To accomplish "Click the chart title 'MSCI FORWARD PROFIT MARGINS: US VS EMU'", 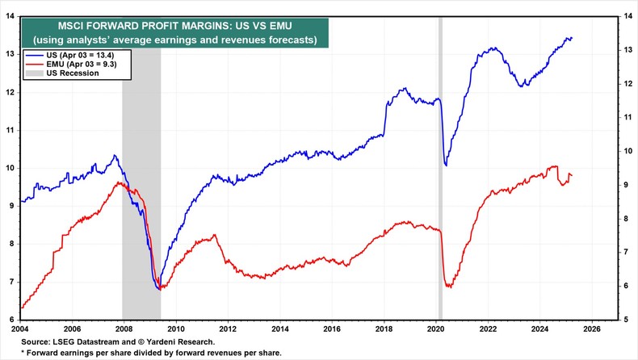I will pos(174,25).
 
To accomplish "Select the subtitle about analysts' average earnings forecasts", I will pos(174,39).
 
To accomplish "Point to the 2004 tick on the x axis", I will pos(20,329).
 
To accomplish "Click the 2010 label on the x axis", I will pos(176,329).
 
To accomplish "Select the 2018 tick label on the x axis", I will pos(384,329).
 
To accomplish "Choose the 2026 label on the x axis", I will pos(591,329).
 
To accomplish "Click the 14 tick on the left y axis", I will pos(10,16).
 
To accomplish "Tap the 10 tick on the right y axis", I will pos(626,151).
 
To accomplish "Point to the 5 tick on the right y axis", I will pos(628,320).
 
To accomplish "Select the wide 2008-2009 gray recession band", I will pos(141,178).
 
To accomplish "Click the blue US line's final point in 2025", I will pos(572,38).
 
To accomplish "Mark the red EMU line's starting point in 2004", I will pos(22,308).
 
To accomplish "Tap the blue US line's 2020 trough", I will pos(446,165).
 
